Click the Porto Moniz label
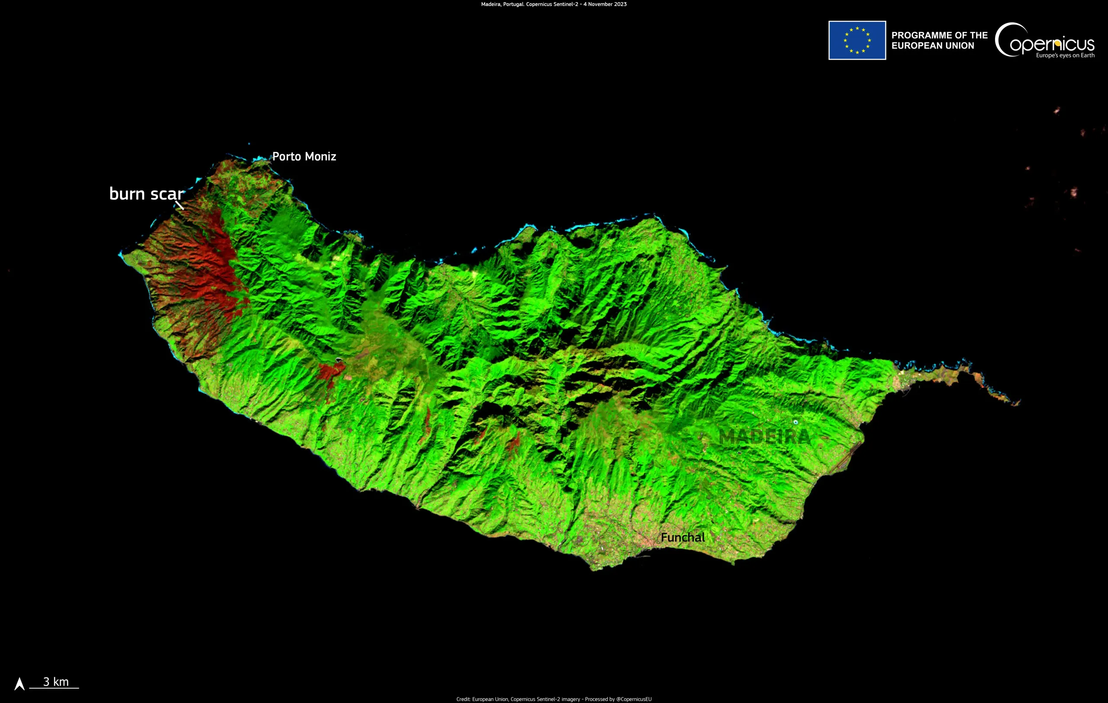click(x=304, y=156)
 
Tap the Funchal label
click(x=683, y=537)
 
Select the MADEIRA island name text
click(x=764, y=437)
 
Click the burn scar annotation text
click(x=146, y=193)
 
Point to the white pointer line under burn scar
click(x=180, y=205)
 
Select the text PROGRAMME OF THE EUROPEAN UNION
click(x=939, y=41)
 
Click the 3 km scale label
click(x=56, y=681)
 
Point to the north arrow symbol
click(x=19, y=684)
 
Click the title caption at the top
click(x=554, y=4)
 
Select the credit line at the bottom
click(x=554, y=699)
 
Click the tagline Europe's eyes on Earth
click(x=1065, y=56)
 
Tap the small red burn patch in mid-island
click(x=330, y=371)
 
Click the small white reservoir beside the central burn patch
click(x=339, y=359)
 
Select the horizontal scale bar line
click(x=54, y=688)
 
